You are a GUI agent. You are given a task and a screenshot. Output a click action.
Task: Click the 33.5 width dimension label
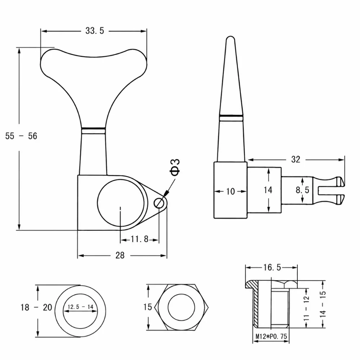coord(95,31)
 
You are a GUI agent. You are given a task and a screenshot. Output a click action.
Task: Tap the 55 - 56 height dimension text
coord(21,136)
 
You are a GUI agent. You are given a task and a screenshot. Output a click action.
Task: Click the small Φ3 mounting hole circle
coord(159,203)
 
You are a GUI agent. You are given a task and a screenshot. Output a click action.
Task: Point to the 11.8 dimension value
coord(140,239)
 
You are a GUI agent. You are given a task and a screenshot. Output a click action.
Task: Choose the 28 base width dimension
coord(120,255)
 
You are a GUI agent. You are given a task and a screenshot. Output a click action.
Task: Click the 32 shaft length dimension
coord(296,159)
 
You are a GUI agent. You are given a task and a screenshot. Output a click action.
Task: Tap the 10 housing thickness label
coord(230,191)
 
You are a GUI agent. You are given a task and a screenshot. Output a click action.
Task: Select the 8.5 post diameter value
coord(302,190)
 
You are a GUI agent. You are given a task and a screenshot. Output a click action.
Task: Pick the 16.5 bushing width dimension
coord(272,267)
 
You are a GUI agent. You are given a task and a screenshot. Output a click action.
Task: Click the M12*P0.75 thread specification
coord(271,336)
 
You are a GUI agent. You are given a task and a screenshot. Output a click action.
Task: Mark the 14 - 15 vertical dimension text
coord(323,304)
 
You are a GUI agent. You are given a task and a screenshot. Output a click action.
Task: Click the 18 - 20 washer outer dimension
coord(36,307)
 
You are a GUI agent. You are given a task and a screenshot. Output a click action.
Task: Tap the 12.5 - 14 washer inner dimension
coord(80,307)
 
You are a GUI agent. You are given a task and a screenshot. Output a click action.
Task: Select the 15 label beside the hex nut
coord(147,307)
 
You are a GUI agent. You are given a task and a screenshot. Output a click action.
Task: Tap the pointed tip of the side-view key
coord(230,36)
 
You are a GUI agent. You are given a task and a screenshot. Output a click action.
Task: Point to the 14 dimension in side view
coord(268,190)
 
